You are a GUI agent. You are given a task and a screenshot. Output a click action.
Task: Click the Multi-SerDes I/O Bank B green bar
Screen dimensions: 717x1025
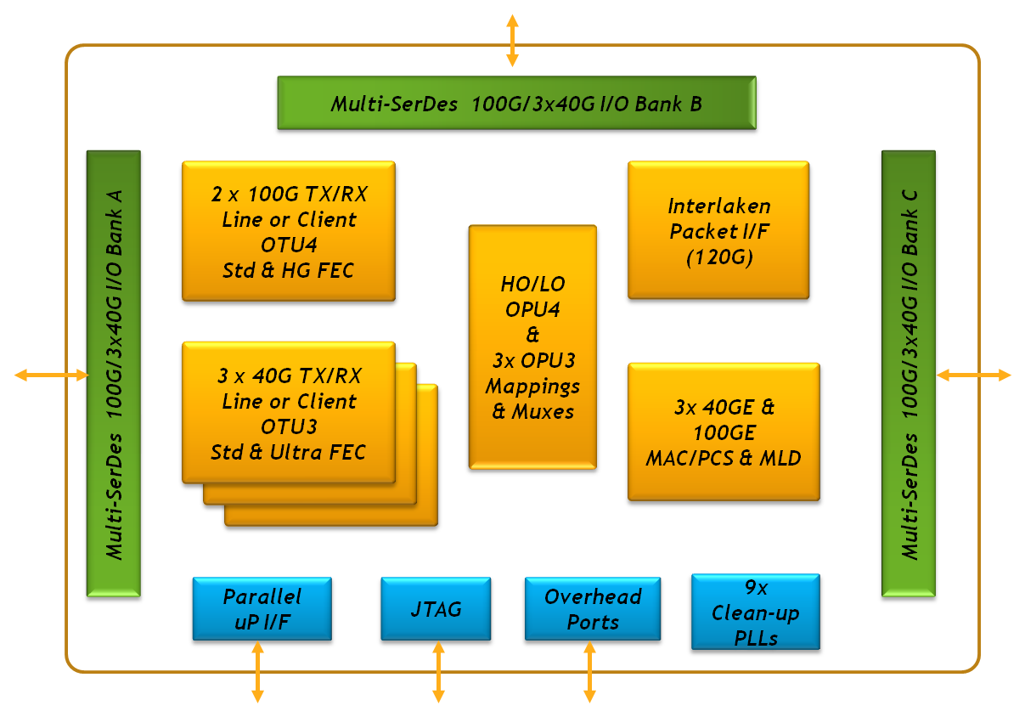pos(515,104)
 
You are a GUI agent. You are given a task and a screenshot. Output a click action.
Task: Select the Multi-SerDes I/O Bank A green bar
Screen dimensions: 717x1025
pos(114,374)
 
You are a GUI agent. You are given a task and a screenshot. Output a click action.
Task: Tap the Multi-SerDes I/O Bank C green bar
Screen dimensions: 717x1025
pos(909,374)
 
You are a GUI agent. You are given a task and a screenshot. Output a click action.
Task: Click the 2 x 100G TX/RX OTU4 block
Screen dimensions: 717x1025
pos(289,232)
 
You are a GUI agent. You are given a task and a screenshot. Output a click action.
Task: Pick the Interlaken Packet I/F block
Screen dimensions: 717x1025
pos(718,232)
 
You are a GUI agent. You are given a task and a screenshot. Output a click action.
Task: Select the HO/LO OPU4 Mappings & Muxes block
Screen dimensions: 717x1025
pos(532,347)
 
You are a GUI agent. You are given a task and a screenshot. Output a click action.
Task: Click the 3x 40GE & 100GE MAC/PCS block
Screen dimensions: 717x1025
pos(724,432)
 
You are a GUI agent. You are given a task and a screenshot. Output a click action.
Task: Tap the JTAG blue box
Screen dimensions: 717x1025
pos(436,609)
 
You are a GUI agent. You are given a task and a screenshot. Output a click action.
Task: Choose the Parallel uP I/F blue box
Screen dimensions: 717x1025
pos(262,609)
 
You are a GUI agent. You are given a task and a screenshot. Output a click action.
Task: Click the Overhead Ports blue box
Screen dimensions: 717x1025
pos(593,609)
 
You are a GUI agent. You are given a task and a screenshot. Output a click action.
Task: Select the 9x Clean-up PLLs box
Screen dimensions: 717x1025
pos(755,613)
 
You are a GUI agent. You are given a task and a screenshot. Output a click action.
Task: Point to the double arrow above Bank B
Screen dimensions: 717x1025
pos(512,40)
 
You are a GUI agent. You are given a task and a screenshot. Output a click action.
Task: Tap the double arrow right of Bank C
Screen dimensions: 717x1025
pos(974,375)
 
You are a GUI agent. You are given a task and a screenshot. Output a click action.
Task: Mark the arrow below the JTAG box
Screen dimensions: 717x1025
pos(438,672)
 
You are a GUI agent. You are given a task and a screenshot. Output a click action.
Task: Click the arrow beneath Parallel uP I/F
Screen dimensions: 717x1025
pos(257,672)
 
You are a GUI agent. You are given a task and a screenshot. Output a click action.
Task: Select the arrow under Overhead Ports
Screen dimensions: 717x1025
pos(589,672)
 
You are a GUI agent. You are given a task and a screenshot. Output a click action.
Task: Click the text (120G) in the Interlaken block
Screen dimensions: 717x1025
pos(718,257)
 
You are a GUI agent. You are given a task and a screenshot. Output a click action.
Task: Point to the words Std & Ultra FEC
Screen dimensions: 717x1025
pos(289,452)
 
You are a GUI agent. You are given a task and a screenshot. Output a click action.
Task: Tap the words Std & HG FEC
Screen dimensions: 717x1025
pos(289,271)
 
